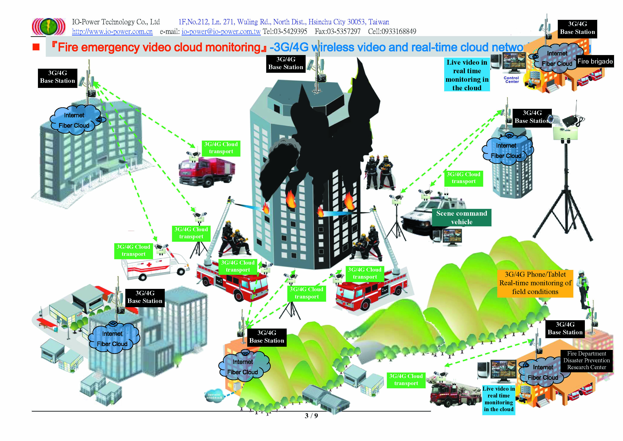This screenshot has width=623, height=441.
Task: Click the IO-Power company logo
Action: point(49,27)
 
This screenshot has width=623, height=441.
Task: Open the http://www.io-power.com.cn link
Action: point(112,32)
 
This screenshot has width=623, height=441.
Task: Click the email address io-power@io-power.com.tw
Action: point(221,32)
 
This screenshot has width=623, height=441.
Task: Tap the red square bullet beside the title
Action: point(36,47)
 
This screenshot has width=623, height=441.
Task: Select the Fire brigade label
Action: point(595,61)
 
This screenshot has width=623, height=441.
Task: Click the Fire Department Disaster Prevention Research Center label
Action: point(586,361)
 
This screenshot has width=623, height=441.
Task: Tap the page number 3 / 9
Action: point(311,416)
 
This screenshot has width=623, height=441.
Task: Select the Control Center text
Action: point(512,80)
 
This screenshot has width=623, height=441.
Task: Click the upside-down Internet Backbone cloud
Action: point(214,396)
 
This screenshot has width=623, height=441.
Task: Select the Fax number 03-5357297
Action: point(338,32)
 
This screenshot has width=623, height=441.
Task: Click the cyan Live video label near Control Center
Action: point(467,75)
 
